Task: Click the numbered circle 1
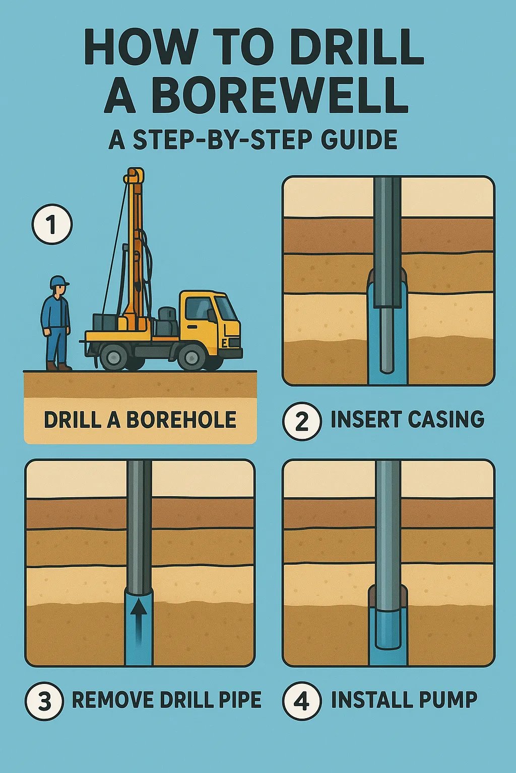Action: coord(52,224)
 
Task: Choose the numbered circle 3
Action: coord(44,701)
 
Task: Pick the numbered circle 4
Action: coord(301,701)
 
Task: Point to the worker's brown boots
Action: coord(58,366)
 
